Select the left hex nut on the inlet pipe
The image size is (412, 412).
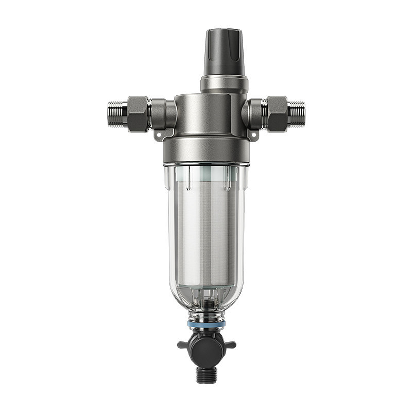tap(138, 113)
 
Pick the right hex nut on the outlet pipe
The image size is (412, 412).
tap(277, 113)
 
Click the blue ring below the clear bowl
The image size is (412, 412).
tap(207, 325)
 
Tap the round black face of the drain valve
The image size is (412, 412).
tap(207, 346)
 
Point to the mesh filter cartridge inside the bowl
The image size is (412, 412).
tap(206, 232)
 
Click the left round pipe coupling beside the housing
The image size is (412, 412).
tap(164, 113)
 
